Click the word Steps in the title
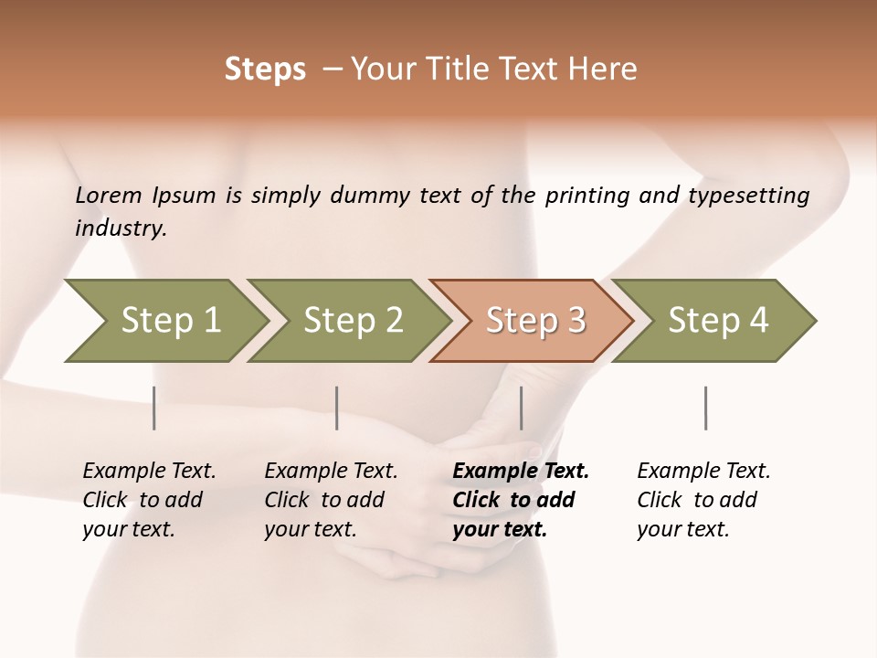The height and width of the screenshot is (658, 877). [x=265, y=69]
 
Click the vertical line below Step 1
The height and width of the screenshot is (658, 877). [x=154, y=408]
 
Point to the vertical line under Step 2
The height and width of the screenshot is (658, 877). [x=337, y=408]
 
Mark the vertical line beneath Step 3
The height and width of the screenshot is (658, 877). [x=522, y=408]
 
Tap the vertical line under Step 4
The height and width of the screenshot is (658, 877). [x=706, y=408]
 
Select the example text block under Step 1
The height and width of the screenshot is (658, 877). [x=149, y=500]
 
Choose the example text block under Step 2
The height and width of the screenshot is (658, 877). [x=331, y=500]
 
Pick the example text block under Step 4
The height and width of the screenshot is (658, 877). [x=703, y=500]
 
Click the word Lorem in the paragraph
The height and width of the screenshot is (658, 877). [x=108, y=195]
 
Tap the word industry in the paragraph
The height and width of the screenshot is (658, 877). [x=120, y=228]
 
